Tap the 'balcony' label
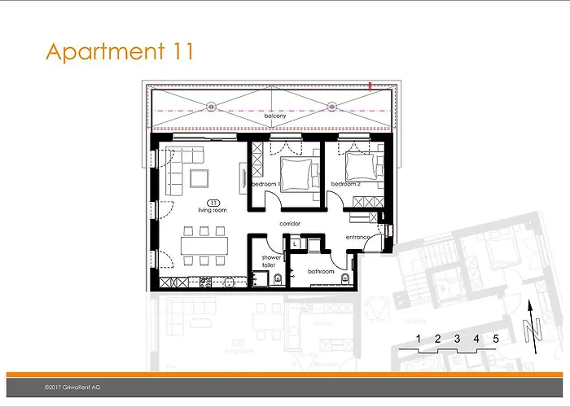(275, 117)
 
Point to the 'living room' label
(213, 209)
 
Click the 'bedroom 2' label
(345, 185)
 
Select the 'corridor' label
(291, 222)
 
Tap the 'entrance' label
(358, 237)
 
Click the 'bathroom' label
(321, 271)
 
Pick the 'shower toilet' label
(271, 261)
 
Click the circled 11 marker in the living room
(213, 201)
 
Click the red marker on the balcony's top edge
(370, 84)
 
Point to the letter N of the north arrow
(535, 332)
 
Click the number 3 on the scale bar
(457, 337)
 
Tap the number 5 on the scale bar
(495, 337)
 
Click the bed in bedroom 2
(360, 168)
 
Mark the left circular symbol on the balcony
(211, 105)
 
